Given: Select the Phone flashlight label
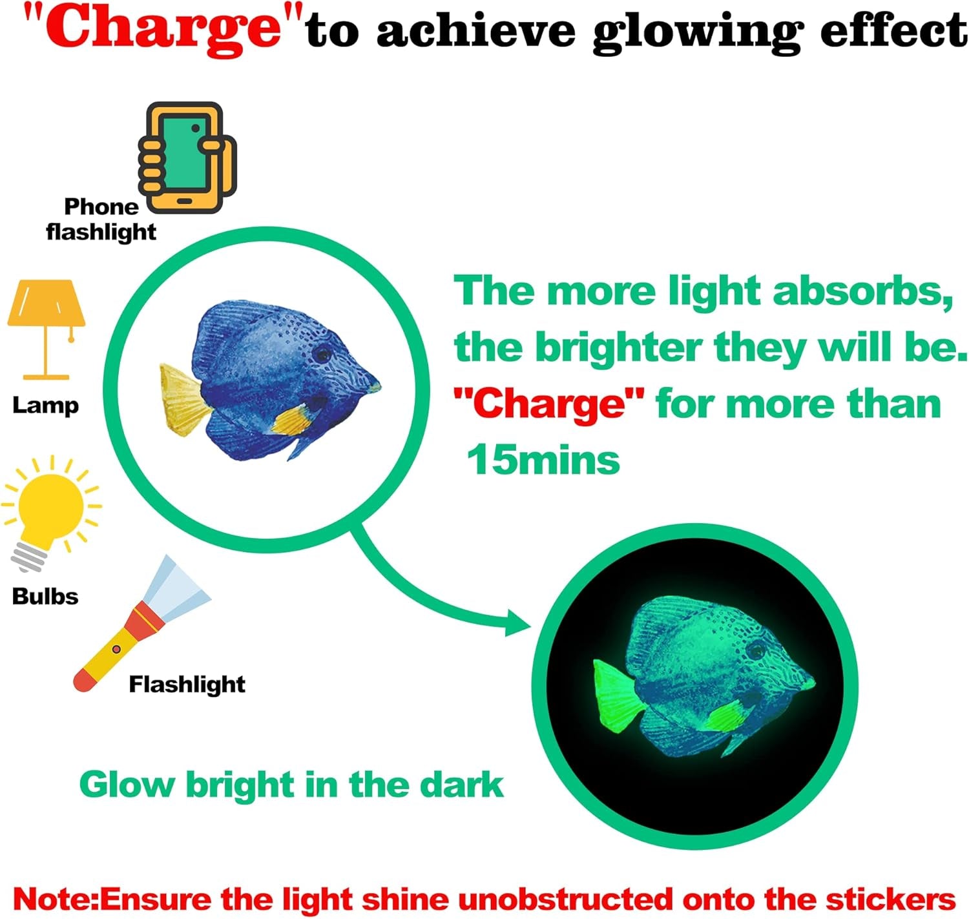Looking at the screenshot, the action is (101, 220).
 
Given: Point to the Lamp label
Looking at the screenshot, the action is (45, 406).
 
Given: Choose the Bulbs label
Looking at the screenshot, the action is (45, 596).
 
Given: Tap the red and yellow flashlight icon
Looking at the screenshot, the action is (142, 623).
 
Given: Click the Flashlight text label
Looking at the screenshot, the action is (187, 685).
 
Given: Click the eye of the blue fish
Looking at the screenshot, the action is (322, 353).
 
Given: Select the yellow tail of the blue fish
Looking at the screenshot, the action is (183, 400).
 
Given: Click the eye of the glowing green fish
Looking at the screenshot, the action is (756, 650).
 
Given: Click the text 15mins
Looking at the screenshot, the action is (543, 460).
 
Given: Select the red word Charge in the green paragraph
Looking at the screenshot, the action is (548, 404).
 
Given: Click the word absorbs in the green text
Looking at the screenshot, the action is (862, 291).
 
